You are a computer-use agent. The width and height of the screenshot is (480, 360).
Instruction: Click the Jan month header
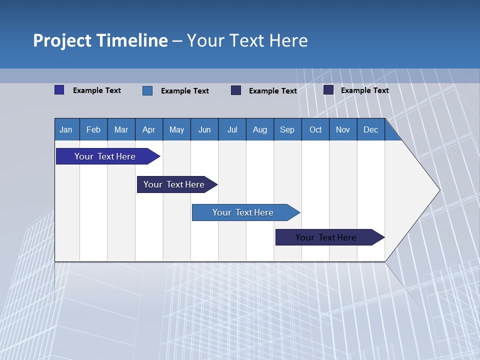coord(66,129)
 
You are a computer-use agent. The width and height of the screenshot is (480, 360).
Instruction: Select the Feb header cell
coord(93,129)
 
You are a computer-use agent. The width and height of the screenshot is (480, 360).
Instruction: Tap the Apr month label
coord(149,129)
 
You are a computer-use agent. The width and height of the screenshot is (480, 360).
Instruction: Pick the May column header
coord(176,129)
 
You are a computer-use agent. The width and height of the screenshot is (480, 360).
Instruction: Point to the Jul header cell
coord(232,129)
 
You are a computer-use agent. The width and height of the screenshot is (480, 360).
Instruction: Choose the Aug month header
coord(260,129)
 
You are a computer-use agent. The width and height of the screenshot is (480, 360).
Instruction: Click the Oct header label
coord(315,129)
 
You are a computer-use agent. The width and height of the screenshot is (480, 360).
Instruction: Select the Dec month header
coord(371,129)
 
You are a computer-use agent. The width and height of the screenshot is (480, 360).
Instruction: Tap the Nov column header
coord(343,129)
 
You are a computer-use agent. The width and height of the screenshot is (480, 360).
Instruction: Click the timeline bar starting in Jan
coord(105,156)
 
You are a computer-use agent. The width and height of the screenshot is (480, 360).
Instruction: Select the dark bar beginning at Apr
coord(174,184)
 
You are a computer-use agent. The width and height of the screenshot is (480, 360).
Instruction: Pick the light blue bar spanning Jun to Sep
coord(243,212)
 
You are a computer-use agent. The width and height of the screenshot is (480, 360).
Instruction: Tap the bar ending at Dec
coord(326,237)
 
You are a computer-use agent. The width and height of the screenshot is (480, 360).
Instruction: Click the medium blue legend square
coord(147,90)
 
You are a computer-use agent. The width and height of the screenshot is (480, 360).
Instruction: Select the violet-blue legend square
coord(59,90)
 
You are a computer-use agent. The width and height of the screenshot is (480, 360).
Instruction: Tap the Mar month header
coord(121,129)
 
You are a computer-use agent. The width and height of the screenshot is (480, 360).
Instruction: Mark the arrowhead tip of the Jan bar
coord(159,156)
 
